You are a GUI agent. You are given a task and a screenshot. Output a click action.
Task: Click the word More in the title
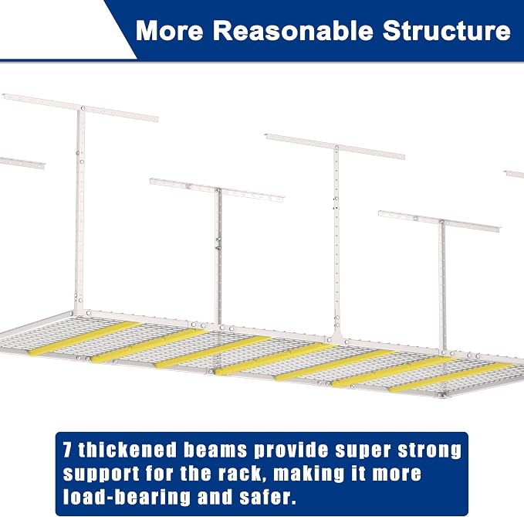tap(170, 31)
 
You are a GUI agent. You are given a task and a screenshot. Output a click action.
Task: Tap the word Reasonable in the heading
tap(292, 31)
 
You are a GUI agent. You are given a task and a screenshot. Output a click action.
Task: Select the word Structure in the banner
tap(447, 31)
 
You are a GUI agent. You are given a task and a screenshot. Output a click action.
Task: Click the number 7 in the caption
tap(67, 450)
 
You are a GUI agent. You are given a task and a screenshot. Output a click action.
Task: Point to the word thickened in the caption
tap(127, 450)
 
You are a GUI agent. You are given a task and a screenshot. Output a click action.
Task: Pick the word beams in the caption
tap(215, 450)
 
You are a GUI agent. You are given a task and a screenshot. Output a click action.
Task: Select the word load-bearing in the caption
tap(127, 497)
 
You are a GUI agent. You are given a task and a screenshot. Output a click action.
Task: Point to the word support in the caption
tap(101, 474)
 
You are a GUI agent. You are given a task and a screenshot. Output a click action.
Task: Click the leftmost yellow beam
tap(83, 338)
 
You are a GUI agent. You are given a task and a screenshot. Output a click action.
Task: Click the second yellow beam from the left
tap(148, 345)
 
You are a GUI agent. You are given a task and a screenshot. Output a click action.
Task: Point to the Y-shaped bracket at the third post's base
tap(337, 335)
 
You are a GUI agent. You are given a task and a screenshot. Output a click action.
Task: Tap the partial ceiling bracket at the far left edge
tap(22, 162)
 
